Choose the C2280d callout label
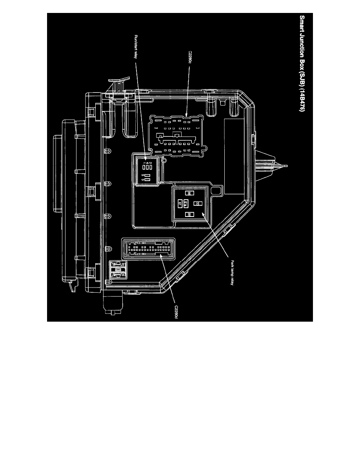175,309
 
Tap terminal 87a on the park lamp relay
185,204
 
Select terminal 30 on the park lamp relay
198,204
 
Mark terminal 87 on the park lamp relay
180,204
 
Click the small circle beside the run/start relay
164,160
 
